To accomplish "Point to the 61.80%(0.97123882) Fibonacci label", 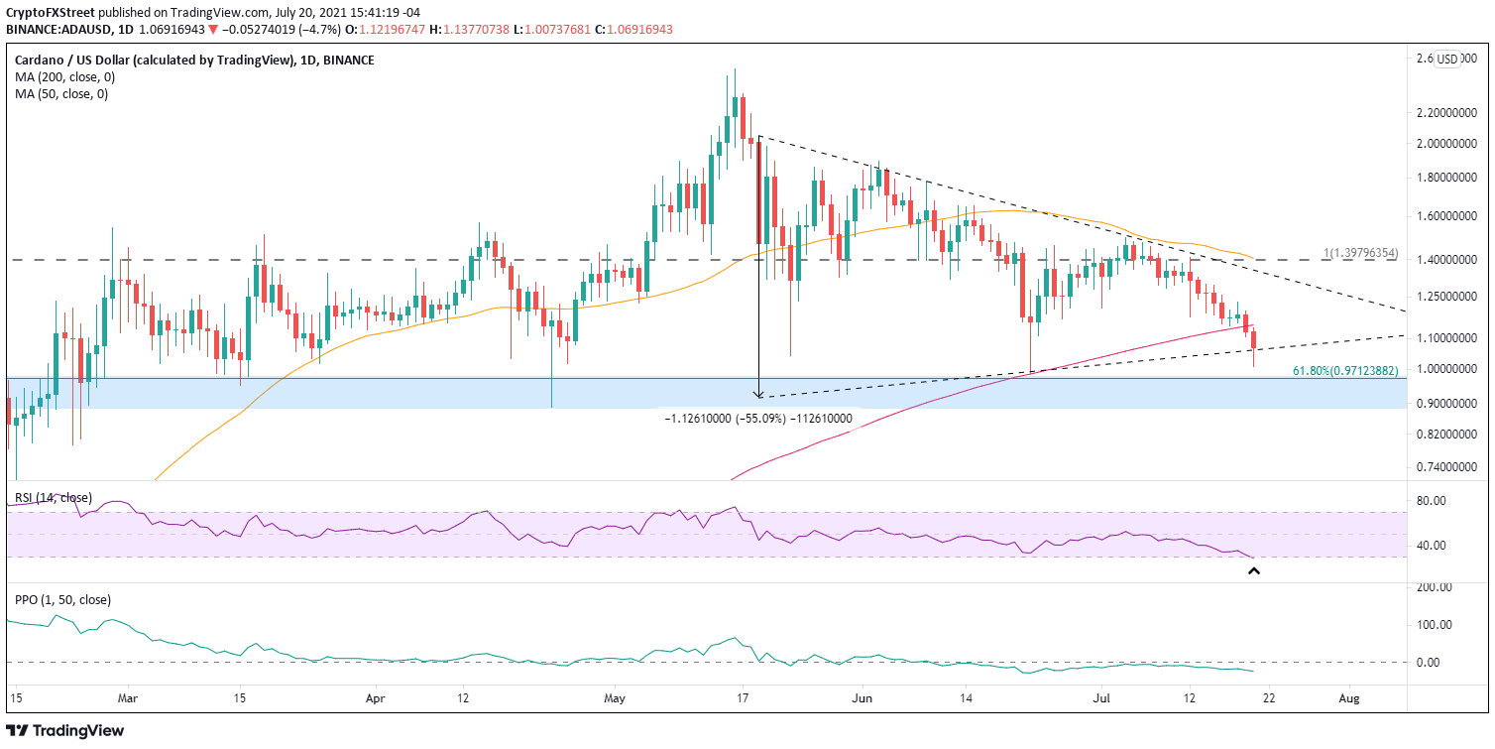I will tap(1344, 370).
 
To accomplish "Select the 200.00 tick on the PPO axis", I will tap(1437, 587).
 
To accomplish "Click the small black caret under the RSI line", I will tap(1253, 571).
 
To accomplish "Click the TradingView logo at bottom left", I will tap(67, 730).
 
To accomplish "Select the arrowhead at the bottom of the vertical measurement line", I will tap(758, 394).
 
